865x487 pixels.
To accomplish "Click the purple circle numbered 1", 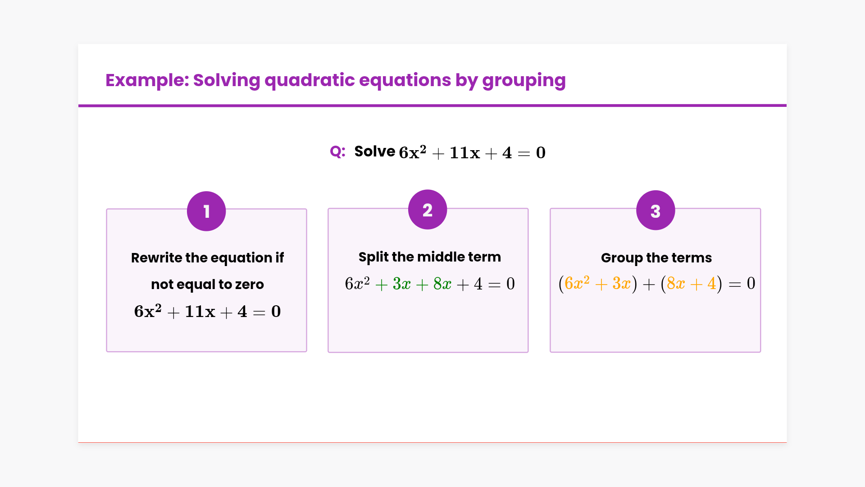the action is [x=206, y=211].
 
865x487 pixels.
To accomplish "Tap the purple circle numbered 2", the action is [x=428, y=210].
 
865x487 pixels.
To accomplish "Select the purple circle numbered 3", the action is [x=656, y=210].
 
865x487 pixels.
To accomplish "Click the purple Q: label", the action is [x=337, y=152].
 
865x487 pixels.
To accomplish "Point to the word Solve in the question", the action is [x=375, y=151].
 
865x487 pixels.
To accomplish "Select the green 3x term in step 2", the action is [x=402, y=284].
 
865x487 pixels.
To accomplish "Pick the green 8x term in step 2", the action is [x=442, y=284].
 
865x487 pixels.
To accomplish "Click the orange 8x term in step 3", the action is [x=676, y=283].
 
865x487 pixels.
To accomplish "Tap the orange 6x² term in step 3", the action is [x=577, y=283].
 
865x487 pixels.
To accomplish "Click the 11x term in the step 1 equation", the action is [x=200, y=312].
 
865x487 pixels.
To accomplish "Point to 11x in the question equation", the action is [x=465, y=153].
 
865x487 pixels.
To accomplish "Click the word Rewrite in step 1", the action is [x=157, y=257].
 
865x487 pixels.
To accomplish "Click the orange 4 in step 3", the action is [x=712, y=283].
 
